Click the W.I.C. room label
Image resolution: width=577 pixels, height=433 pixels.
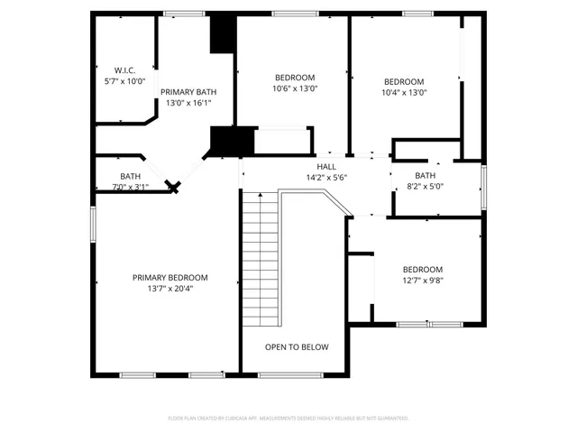coord(124,70)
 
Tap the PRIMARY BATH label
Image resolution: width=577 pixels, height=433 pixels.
coord(188,92)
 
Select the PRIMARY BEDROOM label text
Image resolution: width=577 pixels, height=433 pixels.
coord(170,277)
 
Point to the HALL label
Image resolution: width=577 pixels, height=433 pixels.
coord(326,167)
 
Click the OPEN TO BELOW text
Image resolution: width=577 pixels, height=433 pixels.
coord(297,347)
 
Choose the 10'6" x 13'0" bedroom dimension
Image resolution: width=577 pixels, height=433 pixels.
coord(295,88)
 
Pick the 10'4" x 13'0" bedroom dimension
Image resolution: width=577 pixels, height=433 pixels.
coord(404,92)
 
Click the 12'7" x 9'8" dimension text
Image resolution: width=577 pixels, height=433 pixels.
coord(423,280)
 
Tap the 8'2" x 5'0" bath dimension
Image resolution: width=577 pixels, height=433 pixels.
coord(425,187)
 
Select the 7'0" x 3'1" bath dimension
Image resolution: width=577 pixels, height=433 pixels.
coord(131,187)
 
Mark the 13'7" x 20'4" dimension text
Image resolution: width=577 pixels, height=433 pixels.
coord(170,289)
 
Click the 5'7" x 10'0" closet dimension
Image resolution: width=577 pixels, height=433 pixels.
coord(124,81)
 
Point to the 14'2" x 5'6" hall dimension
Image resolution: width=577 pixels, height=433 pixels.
coord(326,178)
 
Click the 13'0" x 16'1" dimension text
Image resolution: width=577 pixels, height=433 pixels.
coord(188,103)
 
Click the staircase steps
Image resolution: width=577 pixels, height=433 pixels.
coord(260,262)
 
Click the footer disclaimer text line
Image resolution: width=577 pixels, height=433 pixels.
coord(288,419)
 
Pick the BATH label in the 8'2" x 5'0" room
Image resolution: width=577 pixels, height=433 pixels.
coord(425,176)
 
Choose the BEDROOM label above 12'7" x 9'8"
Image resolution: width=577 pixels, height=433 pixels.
coord(423,270)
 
